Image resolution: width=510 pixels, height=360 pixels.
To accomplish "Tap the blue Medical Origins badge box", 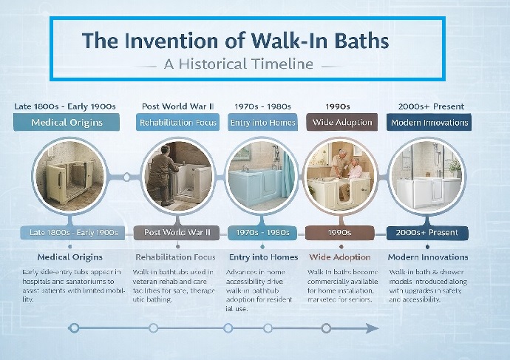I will pyautogui.click(x=67, y=123).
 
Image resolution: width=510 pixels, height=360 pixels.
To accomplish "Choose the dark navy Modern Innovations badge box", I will pyautogui.click(x=429, y=123).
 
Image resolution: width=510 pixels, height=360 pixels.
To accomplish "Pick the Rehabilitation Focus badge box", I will pyautogui.click(x=178, y=123).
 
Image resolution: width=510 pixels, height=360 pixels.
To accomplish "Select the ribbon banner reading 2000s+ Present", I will pyautogui.click(x=428, y=232).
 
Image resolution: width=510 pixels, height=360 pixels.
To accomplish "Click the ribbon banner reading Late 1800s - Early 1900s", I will pyautogui.click(x=73, y=232).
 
